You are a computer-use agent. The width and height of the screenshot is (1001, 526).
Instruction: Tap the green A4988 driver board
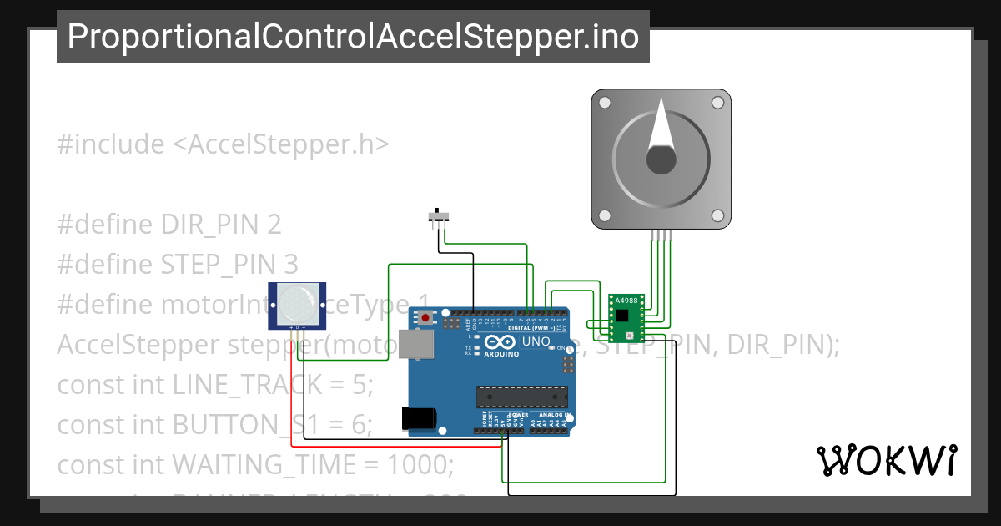624,318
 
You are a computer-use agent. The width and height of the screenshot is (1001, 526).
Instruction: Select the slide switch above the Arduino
437,218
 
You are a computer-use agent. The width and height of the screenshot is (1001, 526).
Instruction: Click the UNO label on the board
536,342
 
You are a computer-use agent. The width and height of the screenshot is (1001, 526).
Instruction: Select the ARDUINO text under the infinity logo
500,354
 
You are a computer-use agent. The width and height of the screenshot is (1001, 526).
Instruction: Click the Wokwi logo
885,460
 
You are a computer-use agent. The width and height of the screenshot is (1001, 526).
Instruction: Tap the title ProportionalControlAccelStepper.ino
353,37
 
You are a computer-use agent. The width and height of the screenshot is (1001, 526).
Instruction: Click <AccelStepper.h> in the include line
280,144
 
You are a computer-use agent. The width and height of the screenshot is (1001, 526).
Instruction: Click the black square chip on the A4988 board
622,315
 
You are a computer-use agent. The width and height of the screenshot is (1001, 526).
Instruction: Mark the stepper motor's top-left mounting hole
606,102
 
